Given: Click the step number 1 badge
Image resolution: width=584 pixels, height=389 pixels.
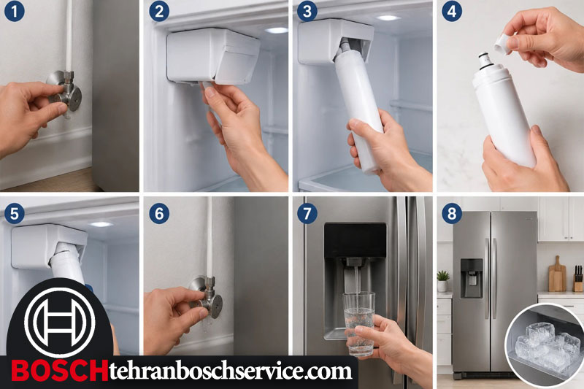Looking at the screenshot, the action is tap(15, 11).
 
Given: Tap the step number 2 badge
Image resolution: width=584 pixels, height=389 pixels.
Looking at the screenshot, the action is tap(159, 11).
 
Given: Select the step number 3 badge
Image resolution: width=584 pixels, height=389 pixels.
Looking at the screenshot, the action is tap(307, 11).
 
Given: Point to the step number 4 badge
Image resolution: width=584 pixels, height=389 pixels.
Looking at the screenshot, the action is tap(452, 11).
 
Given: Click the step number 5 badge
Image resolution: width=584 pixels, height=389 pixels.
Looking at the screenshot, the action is tap(15, 214).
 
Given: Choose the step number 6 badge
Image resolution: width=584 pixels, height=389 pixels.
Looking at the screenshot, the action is tap(159, 214).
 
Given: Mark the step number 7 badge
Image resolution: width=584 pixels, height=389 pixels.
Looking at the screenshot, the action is tap(307, 214).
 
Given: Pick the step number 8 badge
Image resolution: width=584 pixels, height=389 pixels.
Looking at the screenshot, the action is tap(452, 214).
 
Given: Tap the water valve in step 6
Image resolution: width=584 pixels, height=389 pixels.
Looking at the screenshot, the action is tap(207, 298).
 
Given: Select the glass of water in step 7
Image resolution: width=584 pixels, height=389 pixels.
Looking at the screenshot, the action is tap(358, 323).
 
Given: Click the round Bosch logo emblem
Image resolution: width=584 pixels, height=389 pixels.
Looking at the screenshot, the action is tap(60, 322).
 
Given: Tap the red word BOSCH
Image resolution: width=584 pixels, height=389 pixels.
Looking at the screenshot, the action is tap(60, 371).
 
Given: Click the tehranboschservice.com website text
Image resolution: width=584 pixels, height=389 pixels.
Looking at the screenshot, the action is tap(231, 371).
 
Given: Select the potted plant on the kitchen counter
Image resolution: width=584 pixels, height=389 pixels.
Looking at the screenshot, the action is tap(443, 281).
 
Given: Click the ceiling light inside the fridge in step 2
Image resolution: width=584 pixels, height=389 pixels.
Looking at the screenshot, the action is tap(277, 30).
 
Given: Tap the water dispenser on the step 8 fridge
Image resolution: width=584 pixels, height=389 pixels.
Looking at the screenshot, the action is tap(472, 278).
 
